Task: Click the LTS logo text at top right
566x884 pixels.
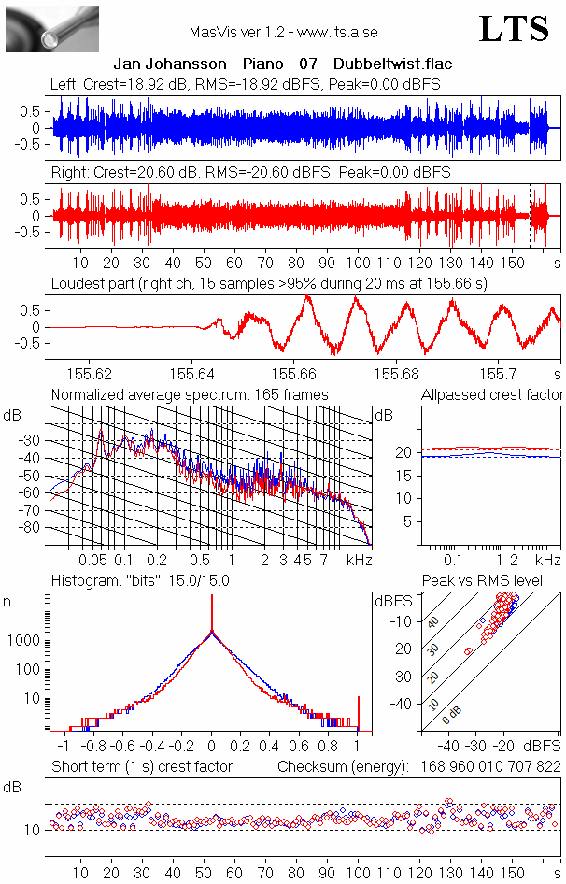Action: [x=514, y=29]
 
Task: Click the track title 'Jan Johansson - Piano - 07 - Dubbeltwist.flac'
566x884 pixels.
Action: [x=283, y=64]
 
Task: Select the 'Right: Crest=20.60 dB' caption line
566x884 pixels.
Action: [x=250, y=173]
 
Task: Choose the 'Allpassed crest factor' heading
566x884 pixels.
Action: [x=492, y=394]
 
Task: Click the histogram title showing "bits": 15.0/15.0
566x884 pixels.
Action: [x=140, y=581]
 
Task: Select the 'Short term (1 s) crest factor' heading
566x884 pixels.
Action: [x=141, y=767]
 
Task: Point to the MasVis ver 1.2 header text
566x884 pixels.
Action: [x=282, y=32]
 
